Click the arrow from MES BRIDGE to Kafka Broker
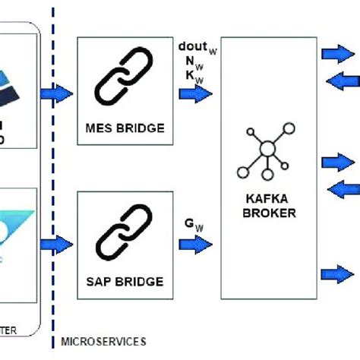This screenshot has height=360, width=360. pos(196,94)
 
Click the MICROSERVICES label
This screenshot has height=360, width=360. pos(103,342)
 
